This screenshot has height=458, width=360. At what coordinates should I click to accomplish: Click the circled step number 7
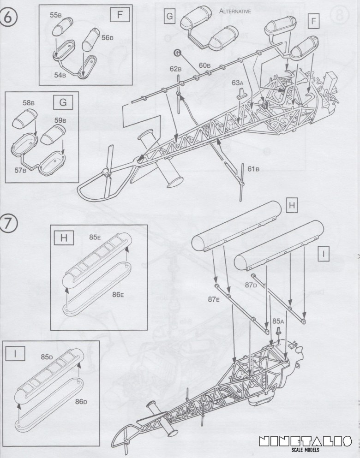pyautogui.click(x=11, y=223)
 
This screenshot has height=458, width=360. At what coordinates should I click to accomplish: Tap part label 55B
pyautogui.click(x=55, y=15)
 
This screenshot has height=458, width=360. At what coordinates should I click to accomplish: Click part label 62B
pyautogui.click(x=175, y=69)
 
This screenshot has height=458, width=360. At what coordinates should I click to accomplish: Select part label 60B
pyautogui.click(x=205, y=65)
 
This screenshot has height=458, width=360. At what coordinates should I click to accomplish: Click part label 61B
pyautogui.click(x=253, y=169)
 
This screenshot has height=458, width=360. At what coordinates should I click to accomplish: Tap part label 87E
pyautogui.click(x=213, y=299)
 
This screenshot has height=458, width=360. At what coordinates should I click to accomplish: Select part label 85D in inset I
pyautogui.click(x=47, y=356)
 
